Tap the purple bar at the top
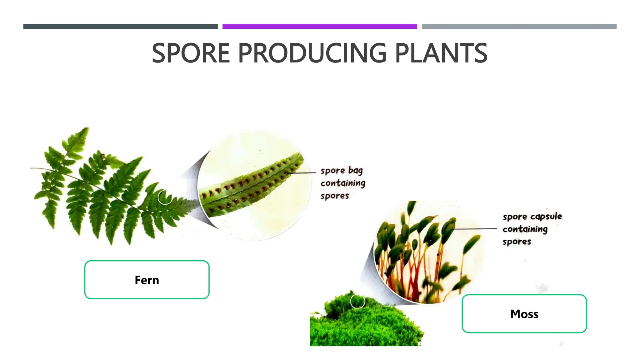point(319,27)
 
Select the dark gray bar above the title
point(120,27)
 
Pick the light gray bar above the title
point(519,27)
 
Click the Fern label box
point(147,280)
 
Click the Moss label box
point(524,314)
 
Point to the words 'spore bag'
point(341,171)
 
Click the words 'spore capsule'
point(532,217)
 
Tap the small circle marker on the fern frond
point(165,197)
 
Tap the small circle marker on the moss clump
point(357,301)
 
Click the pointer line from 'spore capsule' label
point(475,229)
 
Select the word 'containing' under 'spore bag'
point(342,183)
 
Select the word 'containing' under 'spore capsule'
point(525,229)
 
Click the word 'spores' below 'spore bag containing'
point(334,196)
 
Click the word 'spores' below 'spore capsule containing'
point(517,242)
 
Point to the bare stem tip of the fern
point(34,168)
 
